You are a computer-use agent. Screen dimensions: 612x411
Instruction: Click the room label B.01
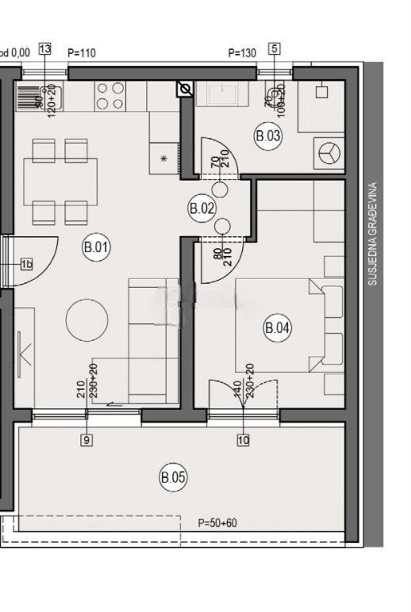click(x=96, y=247)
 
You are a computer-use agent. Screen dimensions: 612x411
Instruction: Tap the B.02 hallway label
click(x=202, y=209)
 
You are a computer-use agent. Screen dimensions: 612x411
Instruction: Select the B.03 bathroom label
click(x=268, y=136)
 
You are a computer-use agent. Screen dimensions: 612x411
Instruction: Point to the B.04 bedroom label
click(x=278, y=327)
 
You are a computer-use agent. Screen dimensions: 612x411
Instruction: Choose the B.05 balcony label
click(x=173, y=478)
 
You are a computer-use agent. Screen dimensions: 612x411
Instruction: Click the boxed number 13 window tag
click(x=44, y=49)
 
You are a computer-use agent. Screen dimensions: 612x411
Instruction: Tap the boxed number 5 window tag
click(x=275, y=49)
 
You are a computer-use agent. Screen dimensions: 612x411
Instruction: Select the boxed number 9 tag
click(x=86, y=440)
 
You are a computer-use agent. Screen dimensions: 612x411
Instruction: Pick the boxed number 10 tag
click(x=243, y=440)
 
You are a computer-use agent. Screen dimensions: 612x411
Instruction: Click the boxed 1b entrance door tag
click(x=26, y=264)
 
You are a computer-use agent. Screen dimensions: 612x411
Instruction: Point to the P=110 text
click(x=82, y=53)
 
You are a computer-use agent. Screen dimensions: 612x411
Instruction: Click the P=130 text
click(x=242, y=53)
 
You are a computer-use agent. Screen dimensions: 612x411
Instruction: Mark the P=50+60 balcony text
click(x=217, y=523)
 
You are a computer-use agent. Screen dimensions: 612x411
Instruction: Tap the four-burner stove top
click(x=109, y=96)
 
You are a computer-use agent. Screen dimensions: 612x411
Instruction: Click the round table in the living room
click(x=86, y=319)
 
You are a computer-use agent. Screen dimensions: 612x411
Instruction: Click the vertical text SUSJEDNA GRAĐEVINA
click(x=373, y=235)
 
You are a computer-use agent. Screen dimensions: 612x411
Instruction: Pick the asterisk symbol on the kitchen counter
click(x=164, y=159)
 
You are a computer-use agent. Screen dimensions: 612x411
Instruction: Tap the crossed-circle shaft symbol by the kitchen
click(x=185, y=89)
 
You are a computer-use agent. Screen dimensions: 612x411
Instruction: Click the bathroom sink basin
click(x=223, y=94)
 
